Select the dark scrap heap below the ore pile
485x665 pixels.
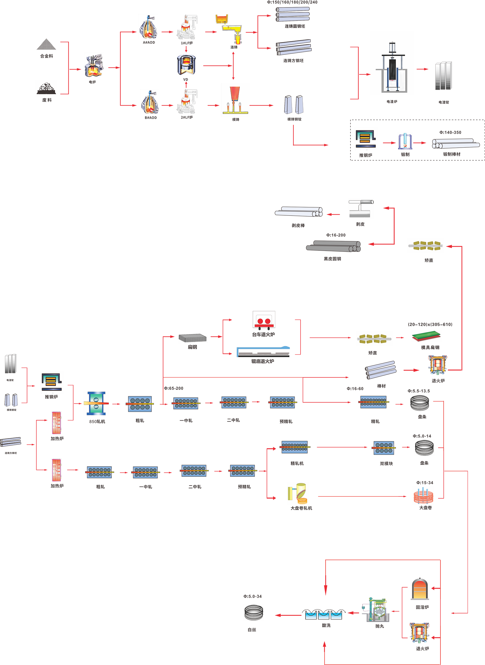(x=46, y=88)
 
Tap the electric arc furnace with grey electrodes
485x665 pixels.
(x=93, y=66)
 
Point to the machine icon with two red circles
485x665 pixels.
(x=264, y=321)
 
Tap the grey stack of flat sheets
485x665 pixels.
(x=193, y=338)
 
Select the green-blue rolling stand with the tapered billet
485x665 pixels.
(x=96, y=403)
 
